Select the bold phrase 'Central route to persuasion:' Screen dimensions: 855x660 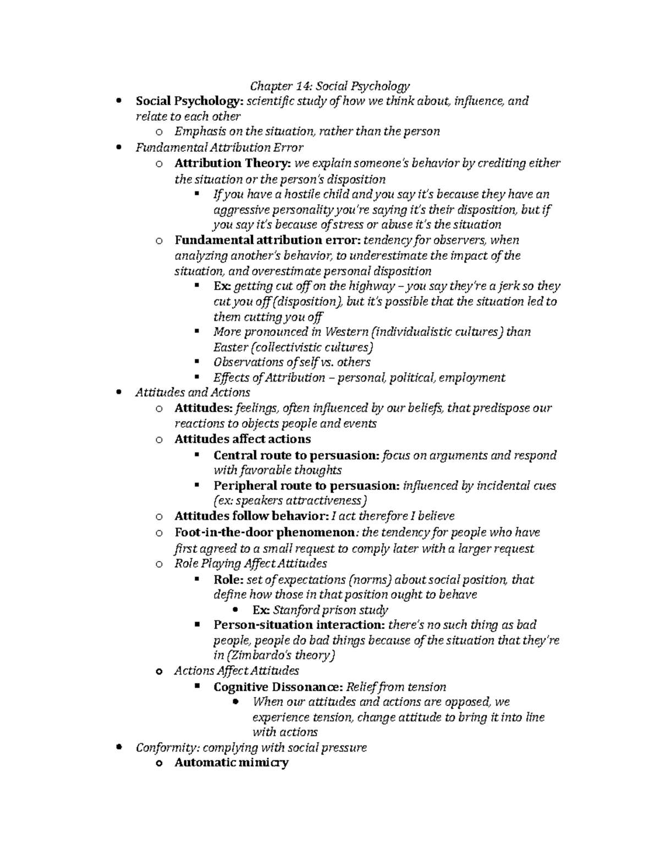296,455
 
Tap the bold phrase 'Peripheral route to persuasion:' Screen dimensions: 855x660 306,486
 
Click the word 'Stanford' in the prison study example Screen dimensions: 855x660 297,610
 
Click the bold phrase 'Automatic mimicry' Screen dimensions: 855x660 231,763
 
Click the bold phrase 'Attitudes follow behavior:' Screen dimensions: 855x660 250,516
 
